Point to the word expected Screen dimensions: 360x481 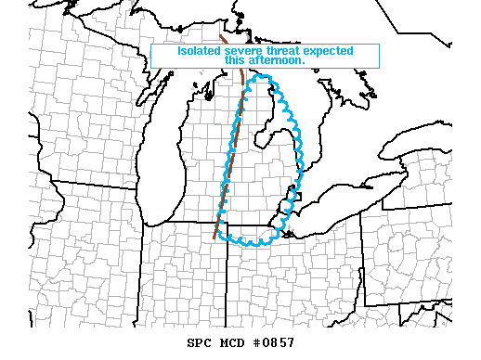330,50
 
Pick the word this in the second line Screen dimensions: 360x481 236,60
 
